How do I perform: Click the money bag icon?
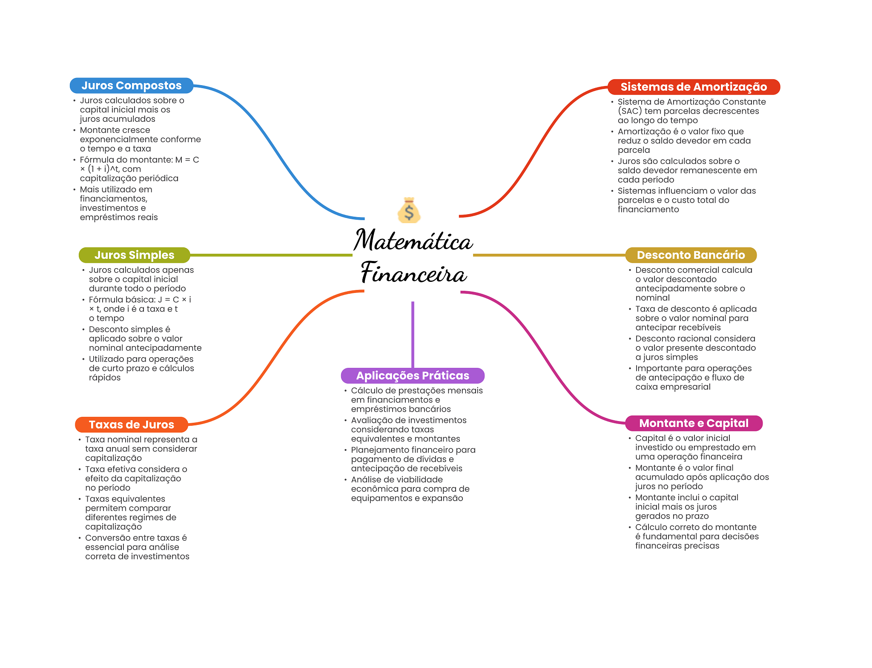coord(409,210)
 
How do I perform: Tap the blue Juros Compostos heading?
coord(132,86)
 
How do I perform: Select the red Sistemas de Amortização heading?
coord(694,87)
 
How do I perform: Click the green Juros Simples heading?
coord(135,255)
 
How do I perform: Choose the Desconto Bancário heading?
coord(691,255)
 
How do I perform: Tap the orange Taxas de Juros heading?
coord(132,424)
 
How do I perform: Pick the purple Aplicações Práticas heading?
coord(413,376)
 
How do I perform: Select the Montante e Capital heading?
coord(694,423)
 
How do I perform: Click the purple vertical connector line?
coord(413,335)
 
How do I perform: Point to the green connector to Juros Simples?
coord(271,255)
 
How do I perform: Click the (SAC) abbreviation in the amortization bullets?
coord(630,111)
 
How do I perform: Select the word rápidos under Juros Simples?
coord(105,378)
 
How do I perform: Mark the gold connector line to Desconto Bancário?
coord(549,255)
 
